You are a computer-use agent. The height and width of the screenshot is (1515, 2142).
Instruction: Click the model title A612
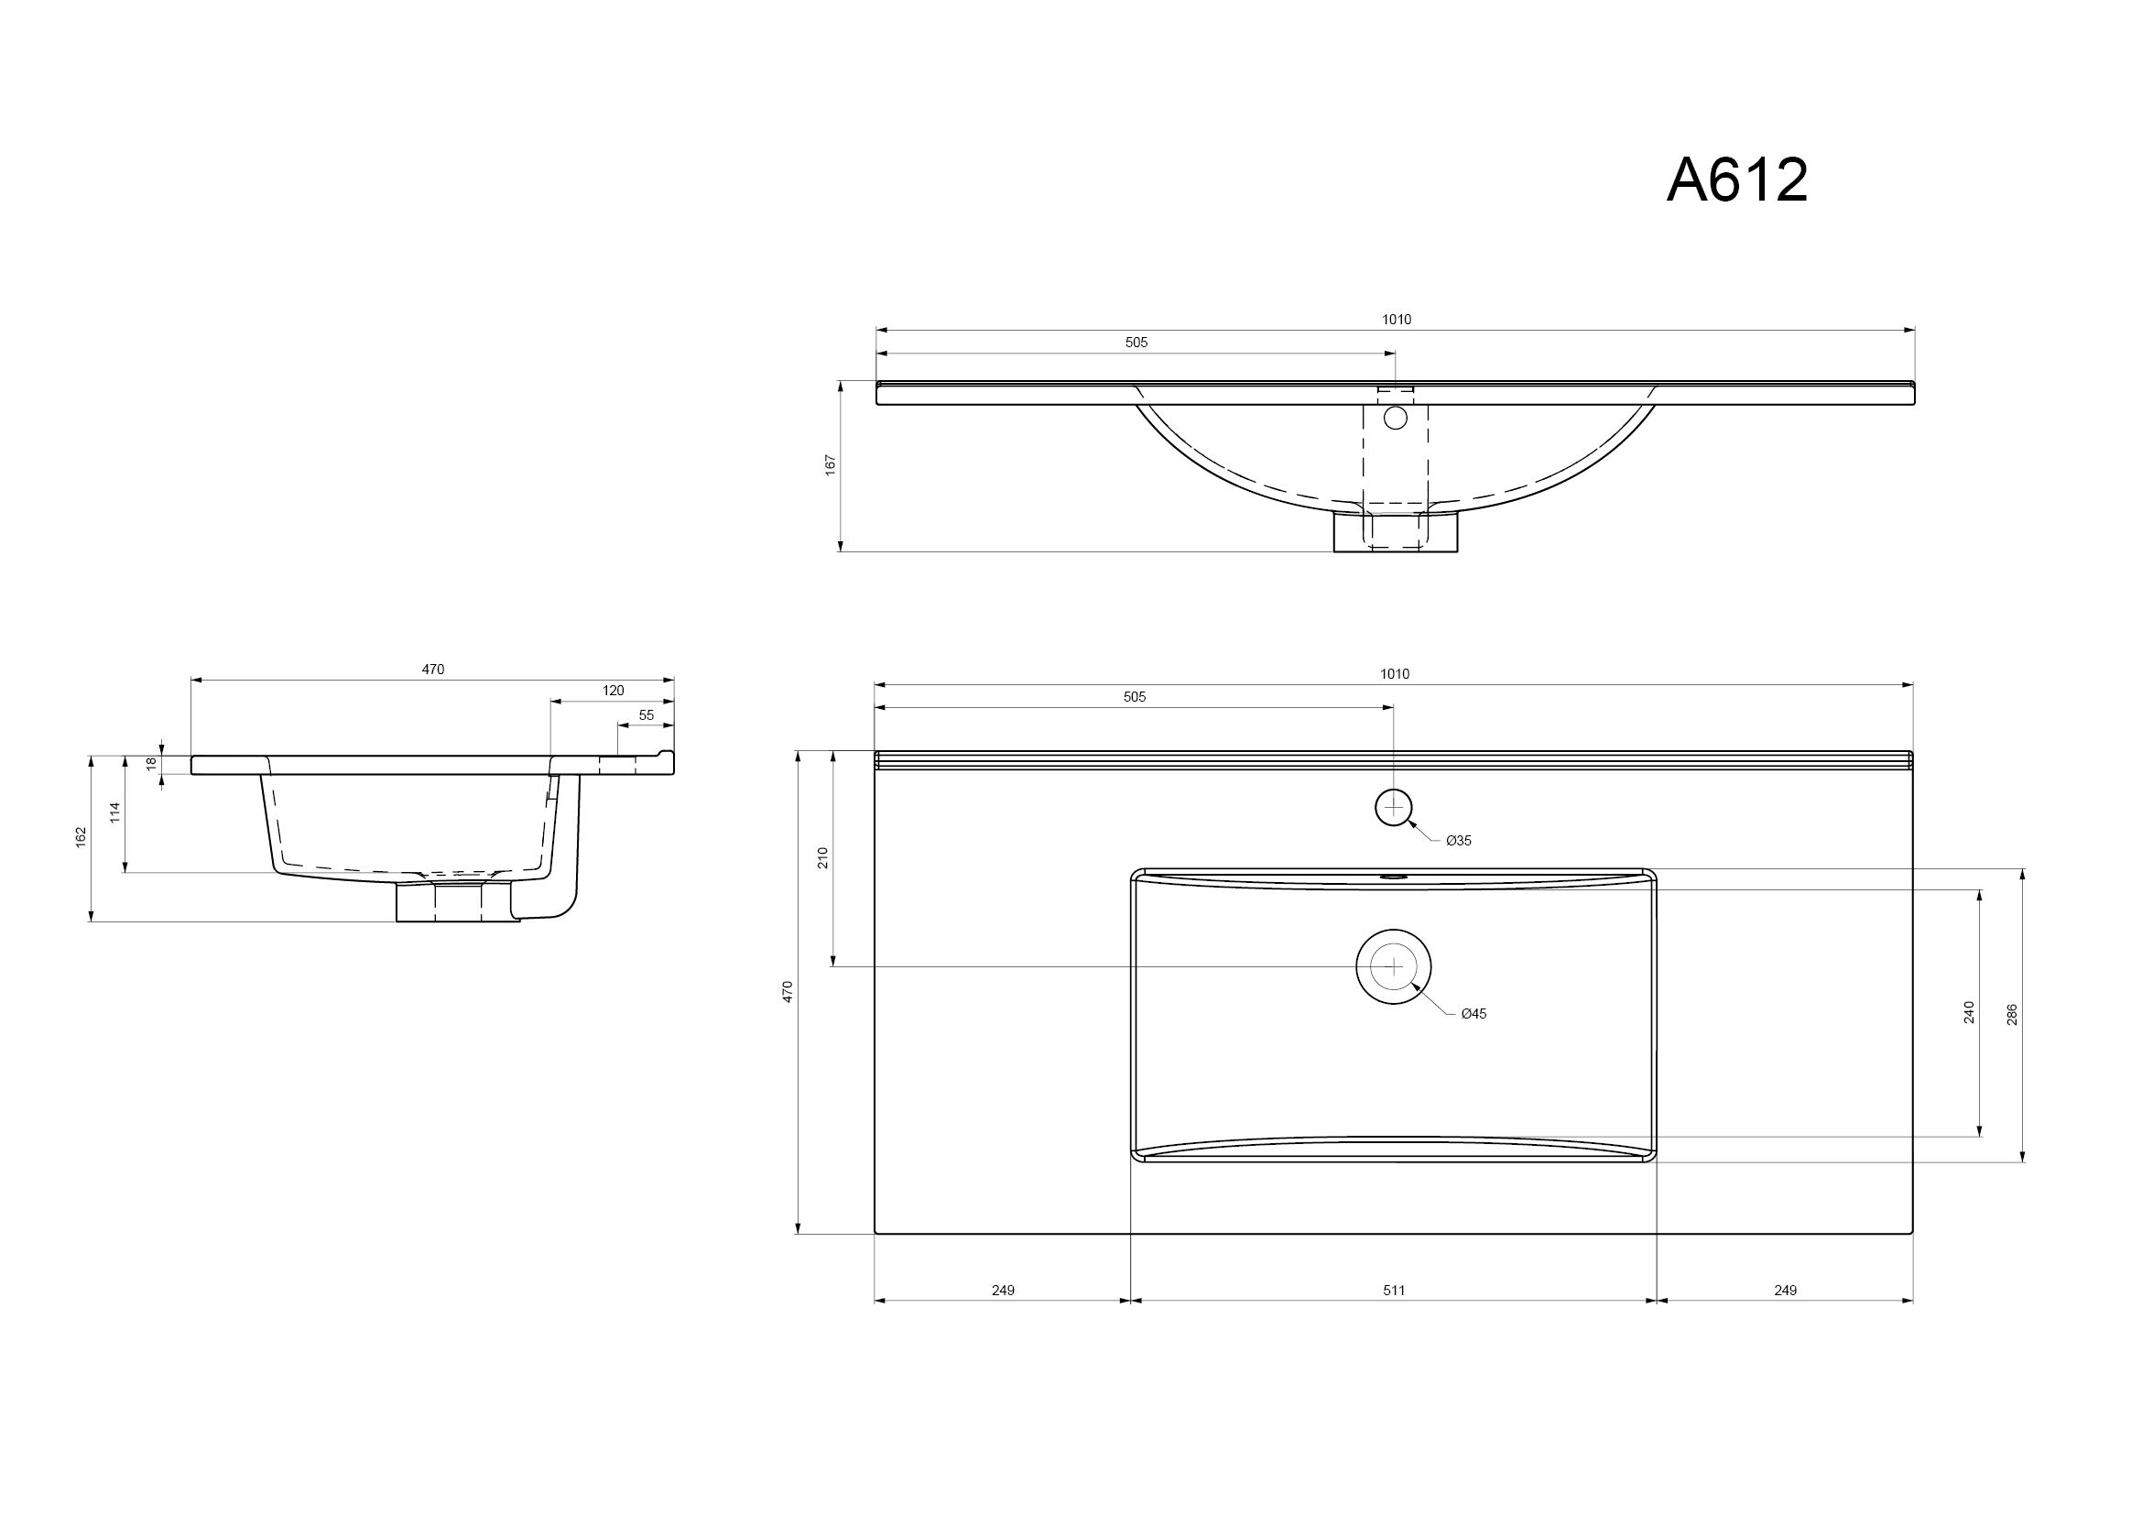[1737, 180]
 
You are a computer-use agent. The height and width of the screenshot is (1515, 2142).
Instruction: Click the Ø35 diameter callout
[1459, 841]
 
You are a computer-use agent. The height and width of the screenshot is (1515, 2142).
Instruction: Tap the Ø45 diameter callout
[1474, 1013]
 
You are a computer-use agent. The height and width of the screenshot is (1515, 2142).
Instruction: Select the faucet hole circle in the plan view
[1394, 807]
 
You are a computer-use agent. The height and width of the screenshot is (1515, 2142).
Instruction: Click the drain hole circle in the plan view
[1394, 966]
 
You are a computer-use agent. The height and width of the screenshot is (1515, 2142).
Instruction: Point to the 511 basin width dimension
[1394, 1291]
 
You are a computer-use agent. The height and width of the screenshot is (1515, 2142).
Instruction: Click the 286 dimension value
[2012, 1015]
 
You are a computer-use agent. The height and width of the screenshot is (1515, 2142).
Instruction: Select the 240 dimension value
[1970, 1012]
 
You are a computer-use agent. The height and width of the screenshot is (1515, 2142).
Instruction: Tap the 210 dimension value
[823, 858]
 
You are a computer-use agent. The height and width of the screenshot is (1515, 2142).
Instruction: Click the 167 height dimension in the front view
[831, 465]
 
